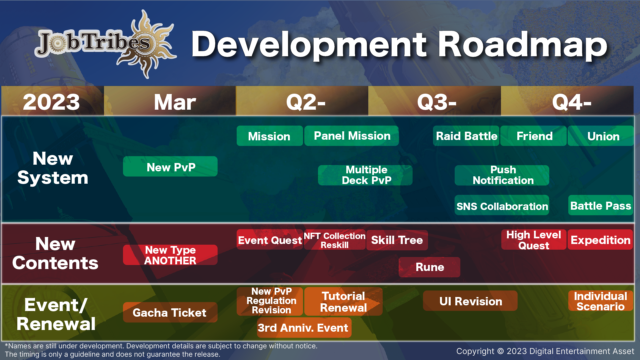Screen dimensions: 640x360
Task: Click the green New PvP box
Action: point(170,166)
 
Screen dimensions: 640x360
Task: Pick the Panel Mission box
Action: point(352,136)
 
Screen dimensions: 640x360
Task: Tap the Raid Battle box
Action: point(466,136)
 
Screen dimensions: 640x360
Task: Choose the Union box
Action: point(601,136)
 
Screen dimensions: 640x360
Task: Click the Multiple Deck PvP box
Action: point(365,175)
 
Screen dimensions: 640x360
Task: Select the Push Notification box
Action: point(502,175)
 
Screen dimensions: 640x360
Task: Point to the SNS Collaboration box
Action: point(502,205)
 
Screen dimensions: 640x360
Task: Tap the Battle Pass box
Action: point(601,205)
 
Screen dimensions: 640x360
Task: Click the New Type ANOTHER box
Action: point(170,255)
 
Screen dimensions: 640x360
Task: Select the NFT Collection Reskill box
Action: point(335,240)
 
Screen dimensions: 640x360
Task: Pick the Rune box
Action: point(429,267)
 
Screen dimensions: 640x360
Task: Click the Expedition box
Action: point(600,239)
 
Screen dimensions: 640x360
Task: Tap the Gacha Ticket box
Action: point(170,312)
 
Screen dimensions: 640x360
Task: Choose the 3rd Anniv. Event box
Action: point(304,328)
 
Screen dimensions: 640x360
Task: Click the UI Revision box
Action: point(470,301)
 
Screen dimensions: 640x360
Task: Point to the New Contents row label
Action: point(55,253)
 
